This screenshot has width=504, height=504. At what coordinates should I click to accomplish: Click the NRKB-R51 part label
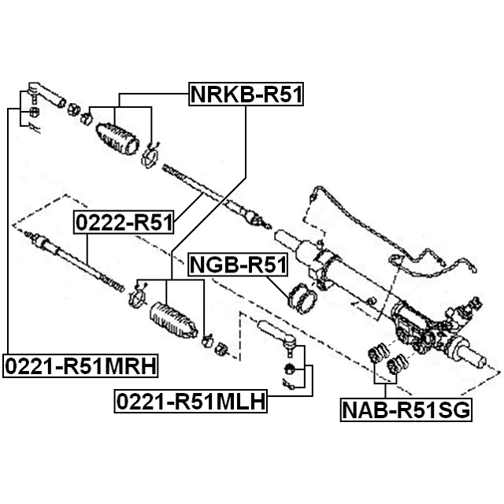[246, 95]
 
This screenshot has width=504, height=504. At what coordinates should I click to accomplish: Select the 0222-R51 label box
[124, 224]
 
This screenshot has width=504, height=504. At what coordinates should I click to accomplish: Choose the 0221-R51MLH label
[190, 402]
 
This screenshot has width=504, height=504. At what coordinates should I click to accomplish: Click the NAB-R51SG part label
[406, 409]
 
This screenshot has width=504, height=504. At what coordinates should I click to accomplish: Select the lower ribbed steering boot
[169, 318]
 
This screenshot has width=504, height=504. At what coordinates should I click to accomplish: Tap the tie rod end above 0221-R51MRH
[43, 98]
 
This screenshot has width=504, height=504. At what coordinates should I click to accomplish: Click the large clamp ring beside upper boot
[149, 156]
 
